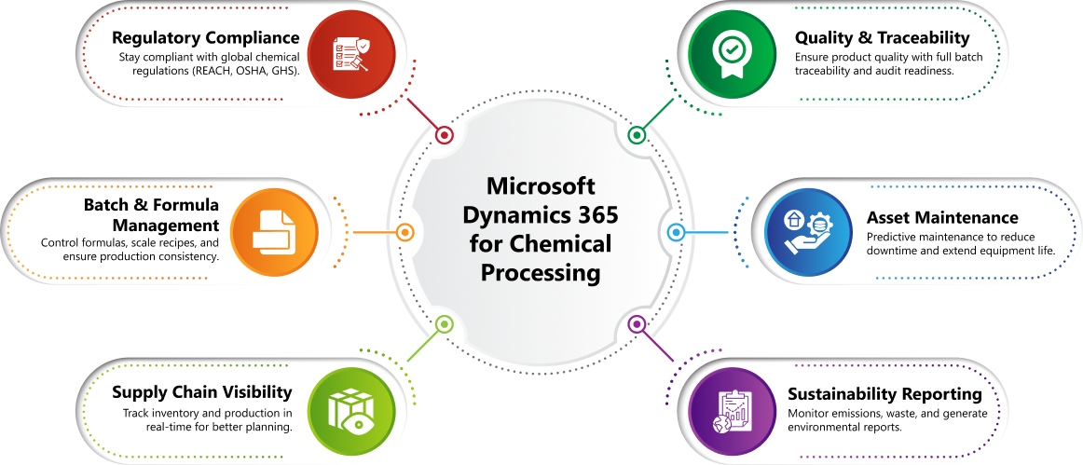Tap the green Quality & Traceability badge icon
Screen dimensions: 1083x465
tap(733, 54)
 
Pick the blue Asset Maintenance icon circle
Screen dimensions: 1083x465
tap(809, 232)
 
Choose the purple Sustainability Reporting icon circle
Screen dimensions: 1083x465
tap(733, 410)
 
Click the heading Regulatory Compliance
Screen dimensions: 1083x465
tap(206, 37)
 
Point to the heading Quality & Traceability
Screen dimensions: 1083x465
tap(882, 37)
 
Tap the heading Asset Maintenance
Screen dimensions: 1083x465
tap(942, 218)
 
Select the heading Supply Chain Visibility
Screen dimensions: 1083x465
tap(201, 392)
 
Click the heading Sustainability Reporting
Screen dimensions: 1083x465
tap(884, 394)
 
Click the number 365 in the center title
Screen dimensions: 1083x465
tap(596, 215)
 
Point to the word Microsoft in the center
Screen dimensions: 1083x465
tap(541, 186)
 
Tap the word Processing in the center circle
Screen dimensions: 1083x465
tap(541, 273)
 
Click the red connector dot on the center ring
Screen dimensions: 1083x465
tap(445, 135)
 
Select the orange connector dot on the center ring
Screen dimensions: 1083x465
tap(404, 232)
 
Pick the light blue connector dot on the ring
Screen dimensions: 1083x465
tap(677, 232)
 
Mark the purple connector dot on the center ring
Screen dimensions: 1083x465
tap(637, 323)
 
